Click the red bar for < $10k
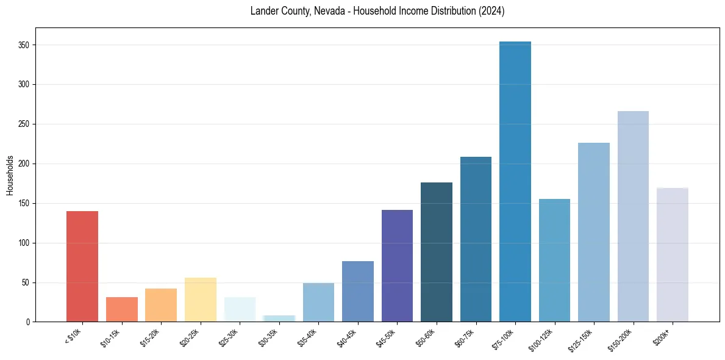pos(82,266)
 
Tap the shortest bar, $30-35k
pos(279,319)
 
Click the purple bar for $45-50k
pos(397,265)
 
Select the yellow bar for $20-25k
pos(200,300)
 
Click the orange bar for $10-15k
pos(121,309)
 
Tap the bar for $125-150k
pos(594,232)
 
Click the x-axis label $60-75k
pos(464,337)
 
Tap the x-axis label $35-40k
pos(307,337)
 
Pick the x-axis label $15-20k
pos(149,337)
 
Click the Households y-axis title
pos(10,175)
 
